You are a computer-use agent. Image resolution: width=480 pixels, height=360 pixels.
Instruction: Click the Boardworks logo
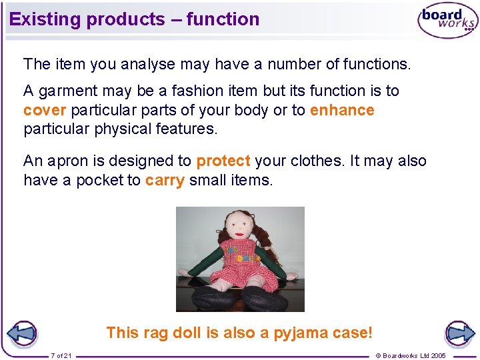447,21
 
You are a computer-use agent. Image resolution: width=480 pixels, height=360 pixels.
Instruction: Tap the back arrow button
21,333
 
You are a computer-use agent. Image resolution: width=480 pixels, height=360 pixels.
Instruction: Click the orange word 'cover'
44,110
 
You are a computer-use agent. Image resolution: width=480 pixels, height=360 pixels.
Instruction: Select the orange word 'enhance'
342,110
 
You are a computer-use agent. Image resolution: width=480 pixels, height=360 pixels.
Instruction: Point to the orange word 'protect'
223,161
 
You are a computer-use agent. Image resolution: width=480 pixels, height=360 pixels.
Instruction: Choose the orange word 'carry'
164,180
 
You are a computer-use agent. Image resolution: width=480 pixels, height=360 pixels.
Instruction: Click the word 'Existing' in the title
45,19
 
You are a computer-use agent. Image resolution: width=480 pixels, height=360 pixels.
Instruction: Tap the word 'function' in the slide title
223,19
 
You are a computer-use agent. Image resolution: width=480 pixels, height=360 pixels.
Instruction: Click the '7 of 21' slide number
62,355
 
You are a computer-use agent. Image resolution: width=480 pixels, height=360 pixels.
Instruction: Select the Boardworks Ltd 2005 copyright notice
411,355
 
